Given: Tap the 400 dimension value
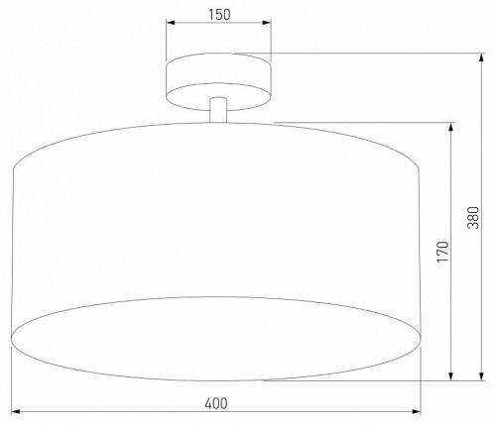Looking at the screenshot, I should pos(216,402).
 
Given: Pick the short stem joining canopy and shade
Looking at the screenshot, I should pos(219,111).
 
